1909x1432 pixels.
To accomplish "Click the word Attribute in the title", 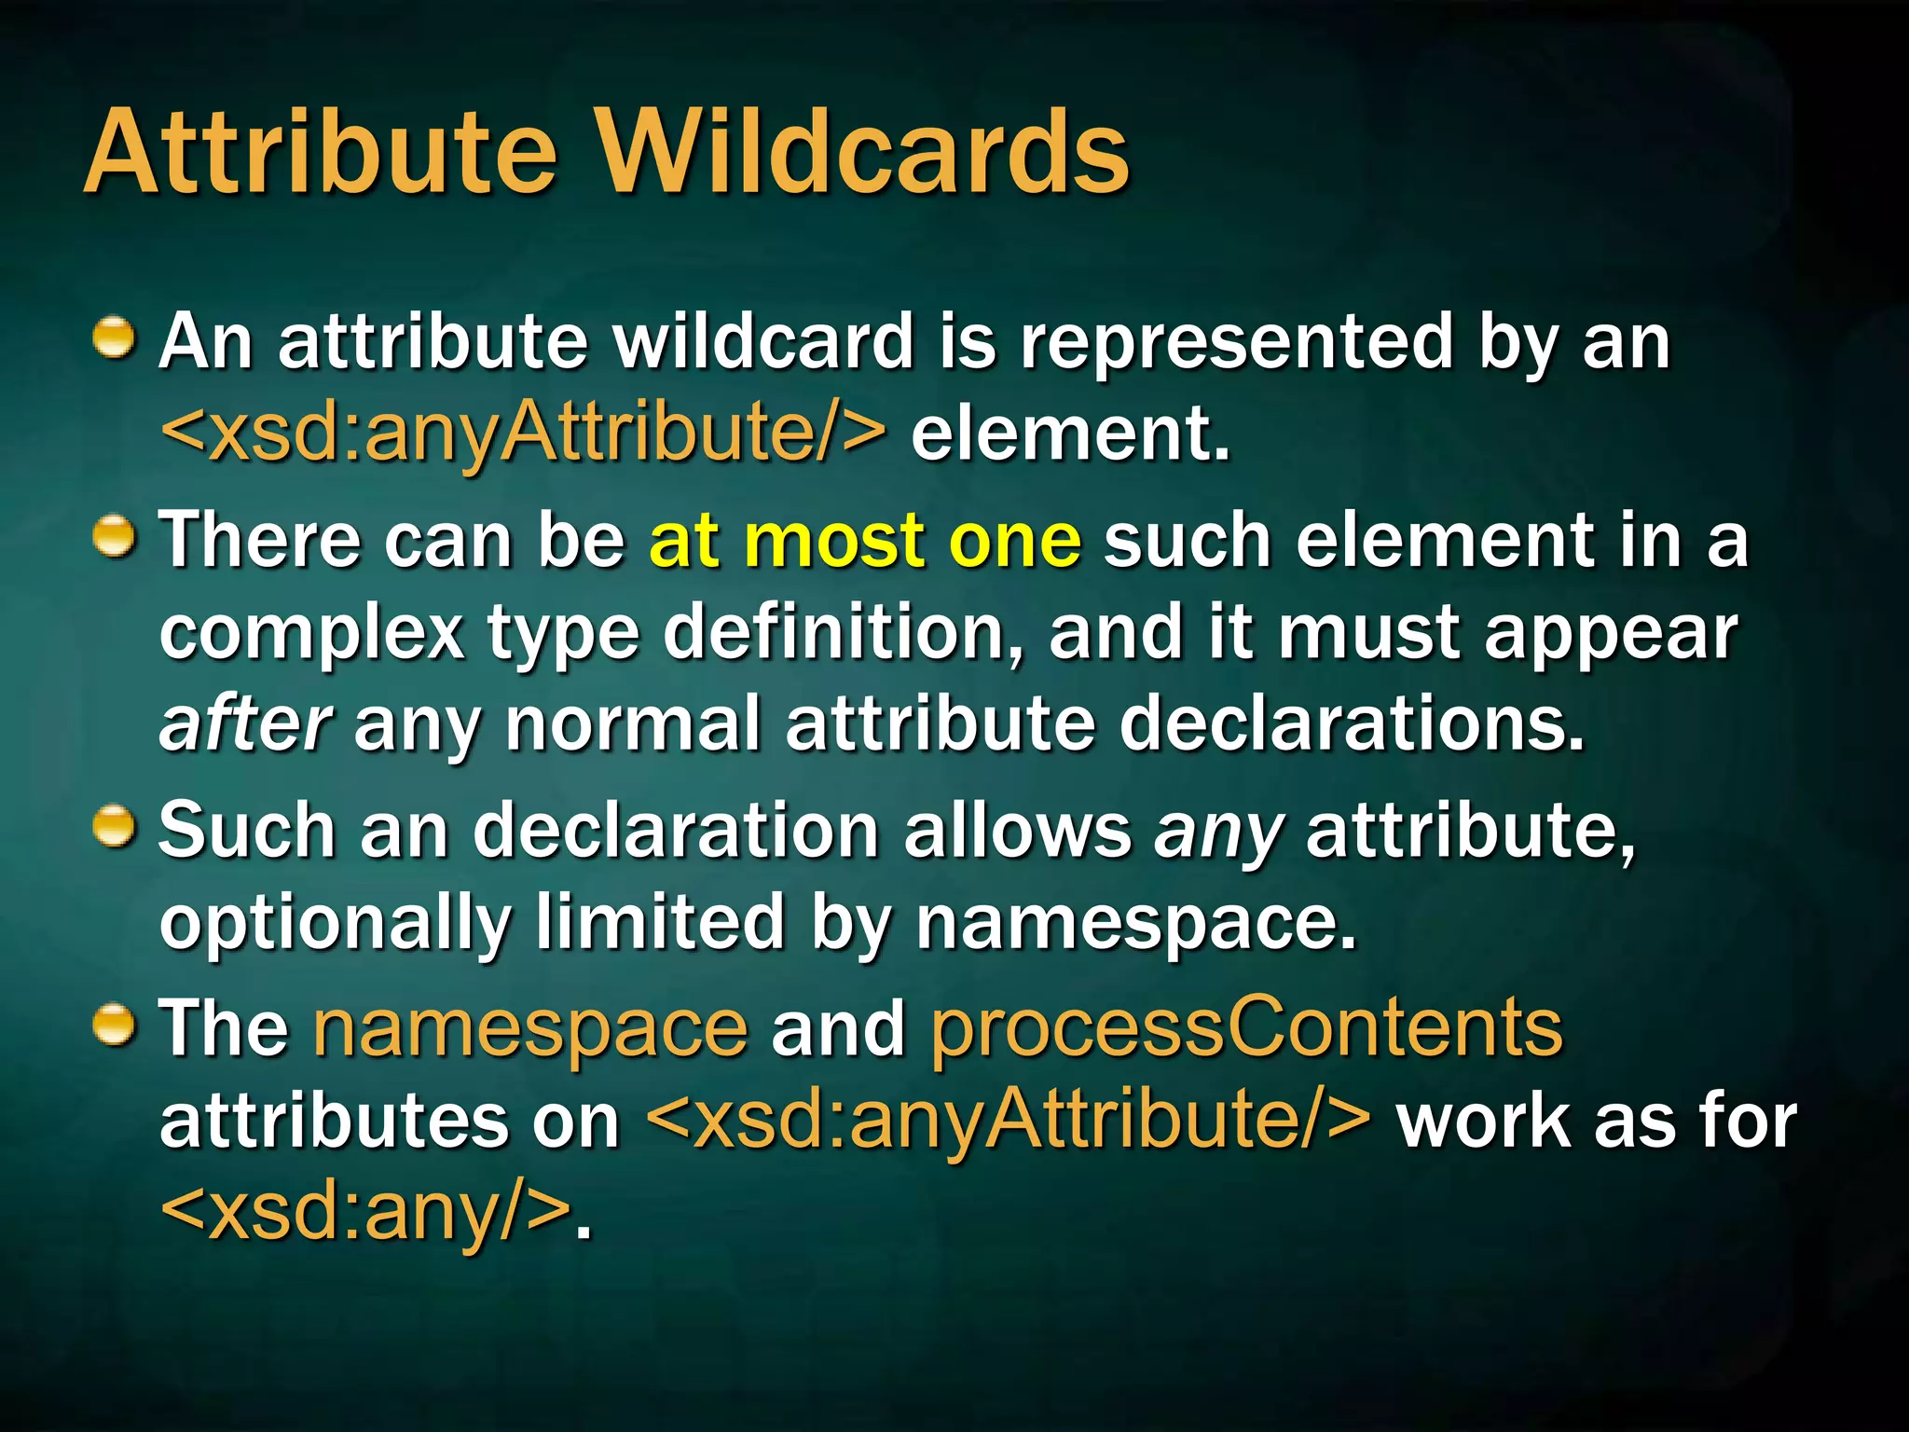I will (x=322, y=152).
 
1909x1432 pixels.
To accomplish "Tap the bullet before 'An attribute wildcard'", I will (x=116, y=337).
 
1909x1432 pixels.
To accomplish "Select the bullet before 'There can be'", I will (x=116, y=537).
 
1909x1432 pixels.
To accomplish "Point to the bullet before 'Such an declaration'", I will (x=116, y=827).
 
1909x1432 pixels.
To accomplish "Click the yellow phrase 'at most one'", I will (x=865, y=541).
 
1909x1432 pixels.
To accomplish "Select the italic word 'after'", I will (x=245, y=723).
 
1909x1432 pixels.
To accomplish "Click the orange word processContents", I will (x=1246, y=1028).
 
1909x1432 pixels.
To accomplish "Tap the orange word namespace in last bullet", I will (x=530, y=1028).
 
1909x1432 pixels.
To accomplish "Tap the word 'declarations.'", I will (x=1351, y=725).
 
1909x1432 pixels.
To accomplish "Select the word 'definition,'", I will (x=843, y=632).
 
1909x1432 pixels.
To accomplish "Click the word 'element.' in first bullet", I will (x=1070, y=434).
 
